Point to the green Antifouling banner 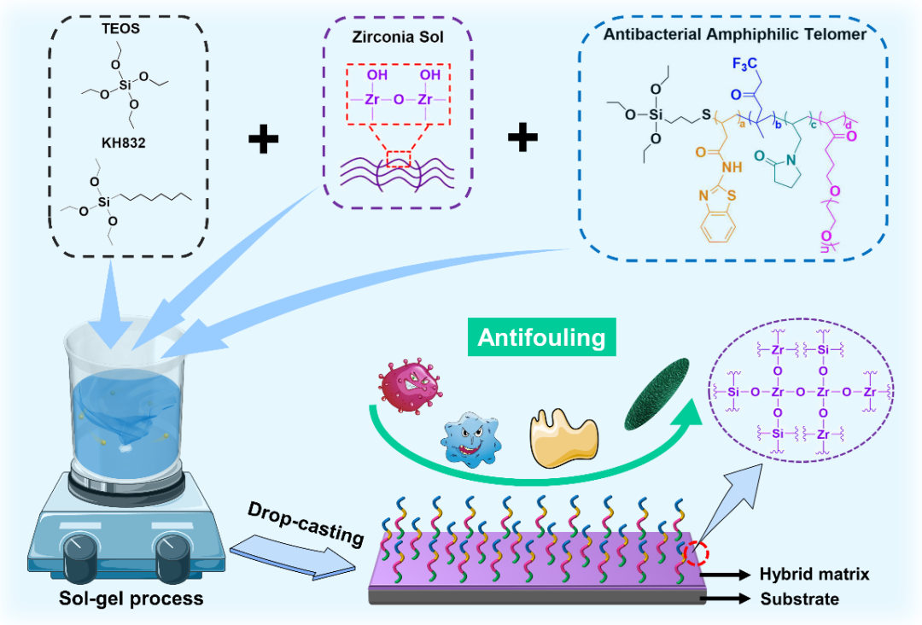pos(541,338)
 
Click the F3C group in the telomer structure pos(745,64)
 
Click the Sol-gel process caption pos(131,598)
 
